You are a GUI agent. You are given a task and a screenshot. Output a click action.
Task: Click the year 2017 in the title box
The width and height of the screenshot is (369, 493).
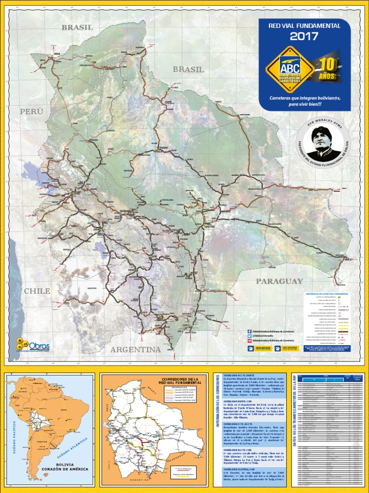click(x=304, y=36)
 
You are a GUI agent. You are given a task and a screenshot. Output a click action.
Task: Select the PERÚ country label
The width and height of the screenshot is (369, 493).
click(x=31, y=111)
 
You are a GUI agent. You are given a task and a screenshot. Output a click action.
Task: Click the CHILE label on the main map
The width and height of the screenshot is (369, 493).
click(x=37, y=291)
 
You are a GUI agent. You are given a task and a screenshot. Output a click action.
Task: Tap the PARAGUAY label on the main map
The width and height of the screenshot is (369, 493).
click(x=279, y=281)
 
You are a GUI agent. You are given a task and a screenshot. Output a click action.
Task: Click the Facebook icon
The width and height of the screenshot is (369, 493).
click(x=249, y=331)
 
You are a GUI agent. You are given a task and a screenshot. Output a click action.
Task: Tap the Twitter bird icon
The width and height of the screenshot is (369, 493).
click(x=249, y=336)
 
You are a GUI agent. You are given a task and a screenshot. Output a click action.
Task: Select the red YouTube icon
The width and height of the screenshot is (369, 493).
click(x=249, y=340)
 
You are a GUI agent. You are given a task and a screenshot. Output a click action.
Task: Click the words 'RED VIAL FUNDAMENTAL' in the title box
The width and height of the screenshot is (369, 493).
click(x=304, y=26)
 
